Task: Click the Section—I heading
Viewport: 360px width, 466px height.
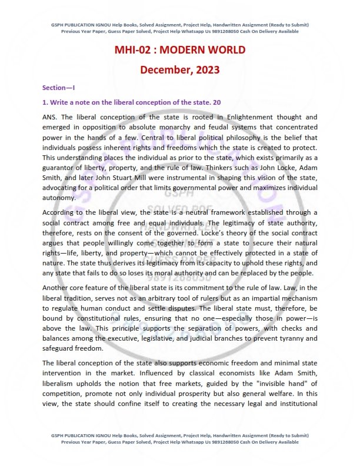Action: pyautogui.click(x=59, y=88)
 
